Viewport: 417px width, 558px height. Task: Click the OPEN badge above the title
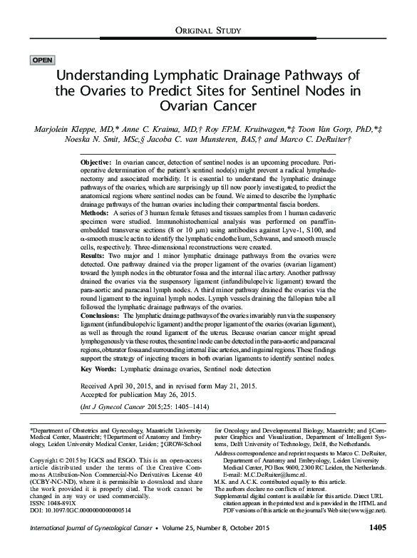click(41, 60)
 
